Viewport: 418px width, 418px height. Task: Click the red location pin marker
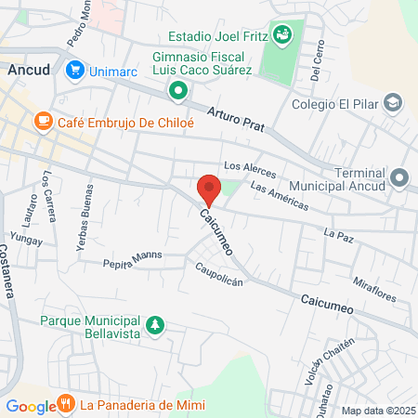tap(209, 189)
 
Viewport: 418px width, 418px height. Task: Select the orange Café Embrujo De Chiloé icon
tap(43, 122)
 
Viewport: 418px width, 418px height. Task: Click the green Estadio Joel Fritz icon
tap(283, 35)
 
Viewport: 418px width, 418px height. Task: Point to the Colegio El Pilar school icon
tap(394, 102)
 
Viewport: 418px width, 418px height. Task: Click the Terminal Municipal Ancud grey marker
tap(400, 176)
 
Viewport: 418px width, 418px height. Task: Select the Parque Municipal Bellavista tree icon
tap(157, 324)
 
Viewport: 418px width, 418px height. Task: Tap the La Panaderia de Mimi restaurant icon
tap(66, 404)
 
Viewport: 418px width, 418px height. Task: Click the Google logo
tap(31, 406)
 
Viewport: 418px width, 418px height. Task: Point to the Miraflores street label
tap(375, 289)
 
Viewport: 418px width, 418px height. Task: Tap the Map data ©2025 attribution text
tap(378, 411)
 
